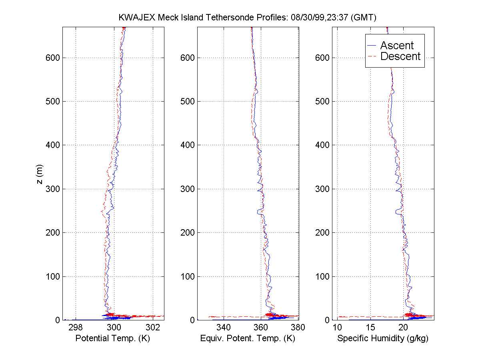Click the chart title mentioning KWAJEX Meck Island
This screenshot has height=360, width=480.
(x=248, y=18)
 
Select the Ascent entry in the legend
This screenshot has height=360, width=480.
(x=397, y=46)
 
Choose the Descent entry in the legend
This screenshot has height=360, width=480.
(x=400, y=56)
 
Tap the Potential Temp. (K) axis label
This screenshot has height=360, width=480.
(x=113, y=338)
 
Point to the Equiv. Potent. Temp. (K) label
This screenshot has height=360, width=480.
(x=248, y=338)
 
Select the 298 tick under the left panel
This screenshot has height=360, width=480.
(x=76, y=328)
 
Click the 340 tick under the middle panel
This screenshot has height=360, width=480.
(x=224, y=328)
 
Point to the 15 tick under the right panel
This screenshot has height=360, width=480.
(x=370, y=328)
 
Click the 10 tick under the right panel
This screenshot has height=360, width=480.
(x=337, y=328)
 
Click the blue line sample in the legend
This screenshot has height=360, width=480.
(x=373, y=46)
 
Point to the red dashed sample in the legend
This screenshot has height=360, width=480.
(x=373, y=56)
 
